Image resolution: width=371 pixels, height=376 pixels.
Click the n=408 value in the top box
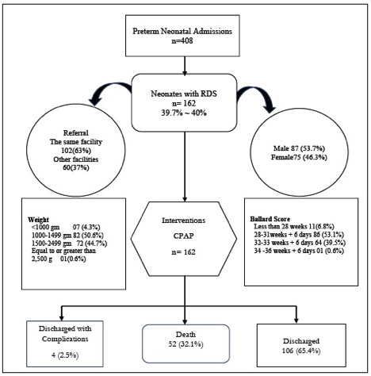(182, 40)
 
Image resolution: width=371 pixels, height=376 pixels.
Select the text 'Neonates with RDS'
(184, 94)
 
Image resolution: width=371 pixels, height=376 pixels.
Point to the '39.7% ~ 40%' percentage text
(184, 113)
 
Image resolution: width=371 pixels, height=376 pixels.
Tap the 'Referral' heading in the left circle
(76, 133)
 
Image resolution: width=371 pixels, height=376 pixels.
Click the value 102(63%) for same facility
(76, 151)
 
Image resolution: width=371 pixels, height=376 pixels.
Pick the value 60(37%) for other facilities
(76, 168)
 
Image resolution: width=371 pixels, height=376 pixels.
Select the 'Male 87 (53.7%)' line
(299, 148)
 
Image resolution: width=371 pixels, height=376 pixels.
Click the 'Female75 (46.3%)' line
(299, 157)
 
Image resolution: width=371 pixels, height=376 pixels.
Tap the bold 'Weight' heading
(38, 220)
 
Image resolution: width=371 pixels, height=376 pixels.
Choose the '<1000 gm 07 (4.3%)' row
(66, 227)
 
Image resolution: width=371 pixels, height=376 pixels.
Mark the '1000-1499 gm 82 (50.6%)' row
(67, 235)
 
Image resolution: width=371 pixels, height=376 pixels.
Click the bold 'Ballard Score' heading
(270, 219)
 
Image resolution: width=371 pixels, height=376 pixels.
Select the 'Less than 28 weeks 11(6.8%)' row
(294, 227)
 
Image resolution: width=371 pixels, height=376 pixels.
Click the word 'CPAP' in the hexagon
(183, 236)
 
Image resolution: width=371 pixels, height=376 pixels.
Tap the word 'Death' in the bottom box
(185, 335)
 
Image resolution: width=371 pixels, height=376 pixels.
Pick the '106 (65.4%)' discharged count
(301, 351)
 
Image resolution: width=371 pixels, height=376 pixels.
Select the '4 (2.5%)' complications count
(65, 355)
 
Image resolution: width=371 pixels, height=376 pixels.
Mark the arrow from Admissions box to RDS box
(185, 66)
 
